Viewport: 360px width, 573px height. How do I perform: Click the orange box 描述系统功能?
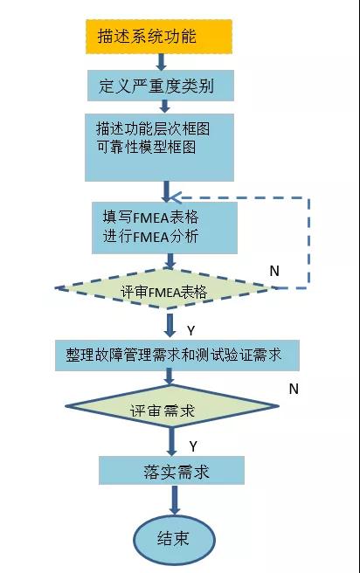[x=159, y=37]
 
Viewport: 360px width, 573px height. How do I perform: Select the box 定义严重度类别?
[x=163, y=86]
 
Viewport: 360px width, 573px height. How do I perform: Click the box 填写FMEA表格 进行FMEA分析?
[x=164, y=224]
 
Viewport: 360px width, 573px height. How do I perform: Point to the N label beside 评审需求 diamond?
[x=294, y=387]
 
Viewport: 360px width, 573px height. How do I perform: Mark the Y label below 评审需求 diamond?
[x=193, y=445]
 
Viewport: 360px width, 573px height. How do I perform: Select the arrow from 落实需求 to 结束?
[x=174, y=500]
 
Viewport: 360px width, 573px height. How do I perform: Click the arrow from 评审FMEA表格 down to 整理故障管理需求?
[x=171, y=325]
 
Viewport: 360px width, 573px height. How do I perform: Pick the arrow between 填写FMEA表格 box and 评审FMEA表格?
[x=170, y=260]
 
